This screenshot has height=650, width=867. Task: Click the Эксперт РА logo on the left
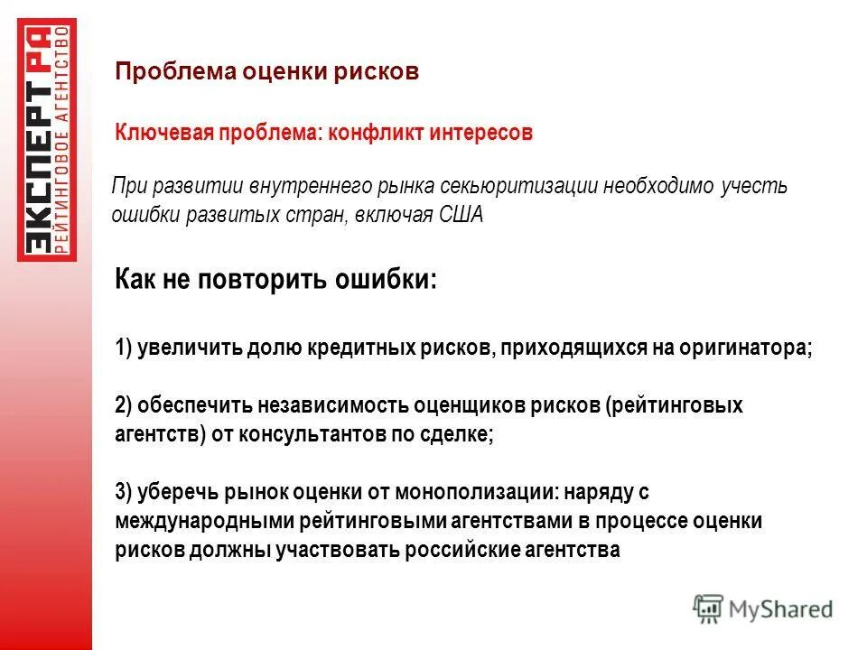46,139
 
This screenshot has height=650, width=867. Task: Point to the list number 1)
125,348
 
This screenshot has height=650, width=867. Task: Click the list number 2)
125,405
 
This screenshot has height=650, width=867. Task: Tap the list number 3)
125,492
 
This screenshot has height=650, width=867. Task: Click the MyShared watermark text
781,609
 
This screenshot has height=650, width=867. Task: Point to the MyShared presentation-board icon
708,609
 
